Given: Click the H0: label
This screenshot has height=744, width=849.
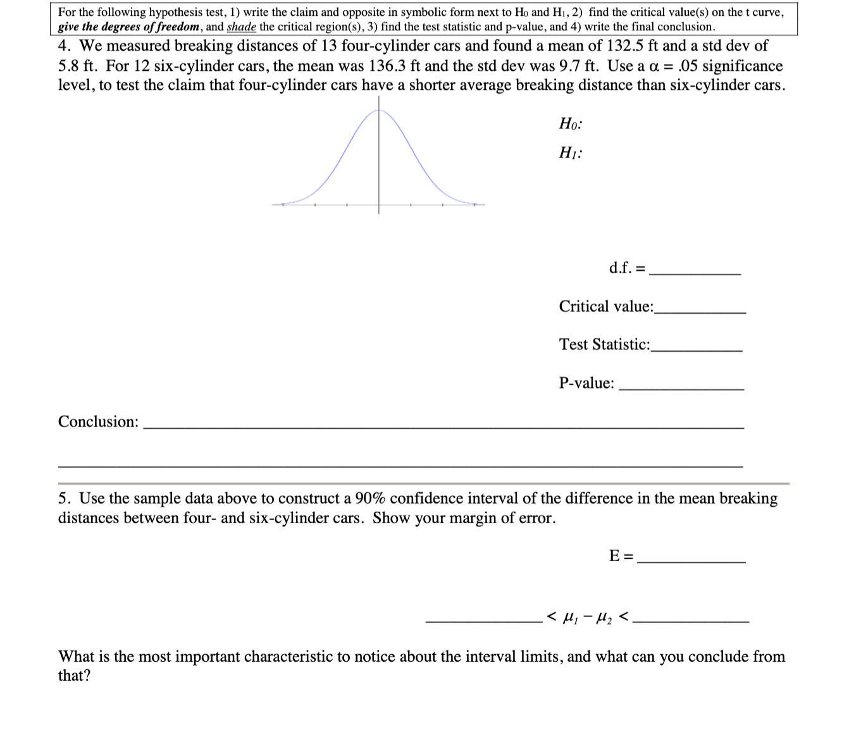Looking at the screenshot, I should click(x=570, y=124).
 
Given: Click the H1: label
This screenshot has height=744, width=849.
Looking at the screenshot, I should click(x=570, y=153).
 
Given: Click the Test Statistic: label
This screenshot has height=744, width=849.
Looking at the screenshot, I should click(x=604, y=345).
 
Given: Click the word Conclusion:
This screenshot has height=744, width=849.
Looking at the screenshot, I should click(x=98, y=422).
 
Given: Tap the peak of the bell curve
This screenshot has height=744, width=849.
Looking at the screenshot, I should click(x=379, y=111).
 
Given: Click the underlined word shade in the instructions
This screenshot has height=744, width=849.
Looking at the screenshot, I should click(x=241, y=27).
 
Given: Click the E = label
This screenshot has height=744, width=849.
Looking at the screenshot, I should click(x=620, y=556).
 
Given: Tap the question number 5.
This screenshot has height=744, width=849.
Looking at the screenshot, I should click(x=64, y=499).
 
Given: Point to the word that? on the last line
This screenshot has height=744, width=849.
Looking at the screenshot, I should click(x=74, y=676).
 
